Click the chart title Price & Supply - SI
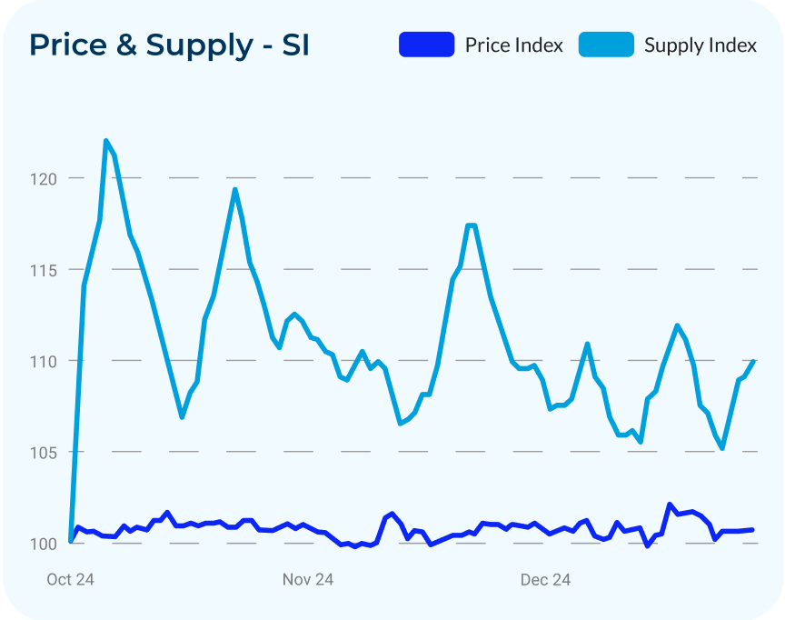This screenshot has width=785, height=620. tap(169, 45)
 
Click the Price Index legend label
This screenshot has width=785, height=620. tap(513, 45)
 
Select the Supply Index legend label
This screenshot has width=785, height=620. tap(700, 45)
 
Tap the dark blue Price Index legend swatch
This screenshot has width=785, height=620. tap(426, 45)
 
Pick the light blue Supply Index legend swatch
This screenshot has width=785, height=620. tap(606, 45)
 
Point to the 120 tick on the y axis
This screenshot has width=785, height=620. tap(44, 179)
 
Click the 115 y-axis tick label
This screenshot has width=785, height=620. tap(44, 270)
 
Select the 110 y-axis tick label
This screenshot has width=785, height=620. tap(44, 361)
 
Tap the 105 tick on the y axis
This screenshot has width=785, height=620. tap(44, 452)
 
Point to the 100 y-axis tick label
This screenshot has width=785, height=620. tap(44, 544)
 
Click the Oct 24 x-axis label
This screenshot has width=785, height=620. tap(70, 580)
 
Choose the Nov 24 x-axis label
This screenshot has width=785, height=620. tap(308, 580)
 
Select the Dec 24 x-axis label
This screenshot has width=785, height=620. tap(545, 580)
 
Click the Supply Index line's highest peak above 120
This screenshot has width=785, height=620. tap(106, 141)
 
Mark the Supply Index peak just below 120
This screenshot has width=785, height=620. tap(235, 189)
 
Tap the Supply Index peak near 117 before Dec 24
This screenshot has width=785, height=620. tap(471, 225)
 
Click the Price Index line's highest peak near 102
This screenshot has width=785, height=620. tap(670, 505)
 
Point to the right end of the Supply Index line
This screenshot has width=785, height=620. tap(754, 362)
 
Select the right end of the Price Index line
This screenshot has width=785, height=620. tap(751, 530)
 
